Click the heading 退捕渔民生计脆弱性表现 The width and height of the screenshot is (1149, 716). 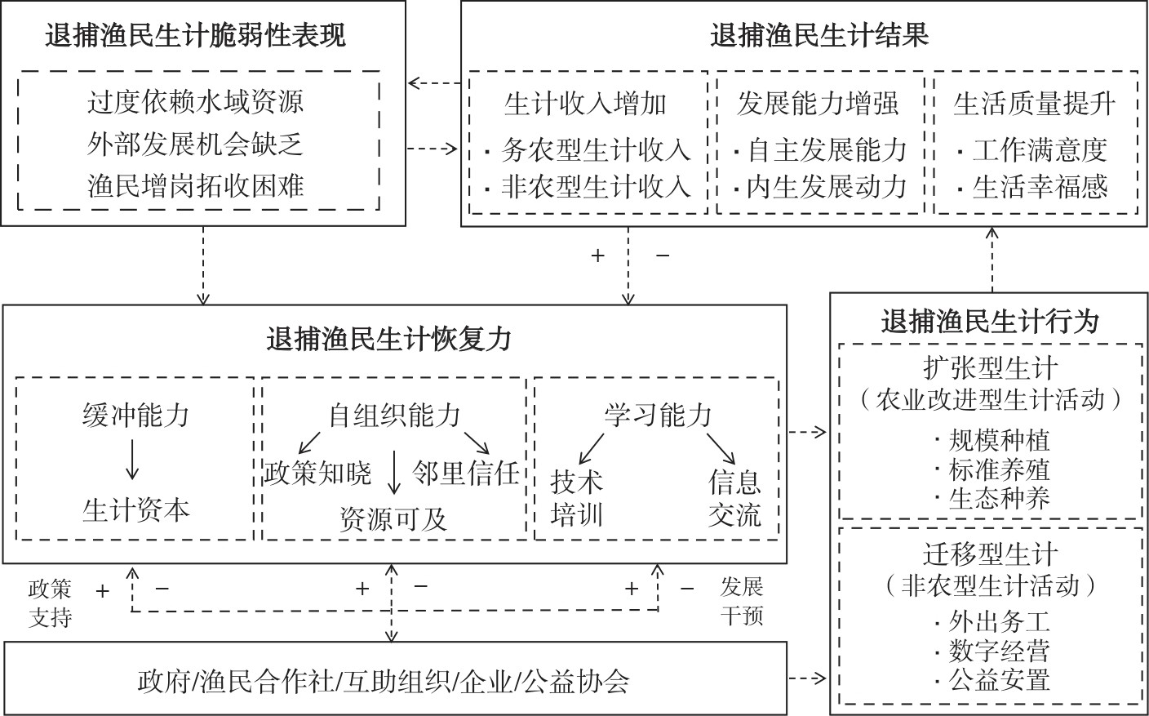pyautogui.click(x=196, y=36)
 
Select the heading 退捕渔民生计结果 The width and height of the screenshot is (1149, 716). pyautogui.click(x=819, y=36)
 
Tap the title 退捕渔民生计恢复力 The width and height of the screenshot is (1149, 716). pyautogui.click(x=389, y=338)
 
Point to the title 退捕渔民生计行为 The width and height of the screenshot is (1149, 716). pyautogui.click(x=990, y=322)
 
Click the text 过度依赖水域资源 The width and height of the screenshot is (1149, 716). pyautogui.click(x=196, y=102)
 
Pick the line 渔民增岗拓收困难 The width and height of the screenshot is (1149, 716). pyautogui.click(x=196, y=186)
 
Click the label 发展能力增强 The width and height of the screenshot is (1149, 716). pyautogui.click(x=818, y=104)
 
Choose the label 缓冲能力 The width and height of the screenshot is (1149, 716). pyautogui.click(x=135, y=416)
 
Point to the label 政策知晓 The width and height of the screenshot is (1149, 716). pyautogui.click(x=317, y=474)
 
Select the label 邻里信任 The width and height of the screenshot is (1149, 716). pyautogui.click(x=466, y=474)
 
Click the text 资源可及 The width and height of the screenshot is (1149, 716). pyautogui.click(x=394, y=519)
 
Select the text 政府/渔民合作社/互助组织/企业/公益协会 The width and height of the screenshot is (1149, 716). pyautogui.click(x=384, y=681)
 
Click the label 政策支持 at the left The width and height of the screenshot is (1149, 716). pyautogui.click(x=51, y=603)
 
